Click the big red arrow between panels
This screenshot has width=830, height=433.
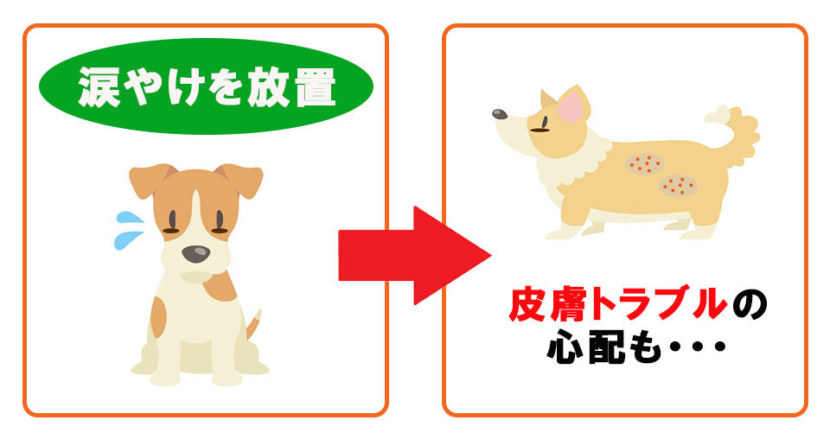[x=411, y=255]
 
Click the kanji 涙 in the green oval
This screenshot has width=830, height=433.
[x=99, y=86]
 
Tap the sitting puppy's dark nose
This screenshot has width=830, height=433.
[x=195, y=253]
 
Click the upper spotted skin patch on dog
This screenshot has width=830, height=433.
[x=642, y=162]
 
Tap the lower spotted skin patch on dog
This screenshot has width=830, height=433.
[x=678, y=185]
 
